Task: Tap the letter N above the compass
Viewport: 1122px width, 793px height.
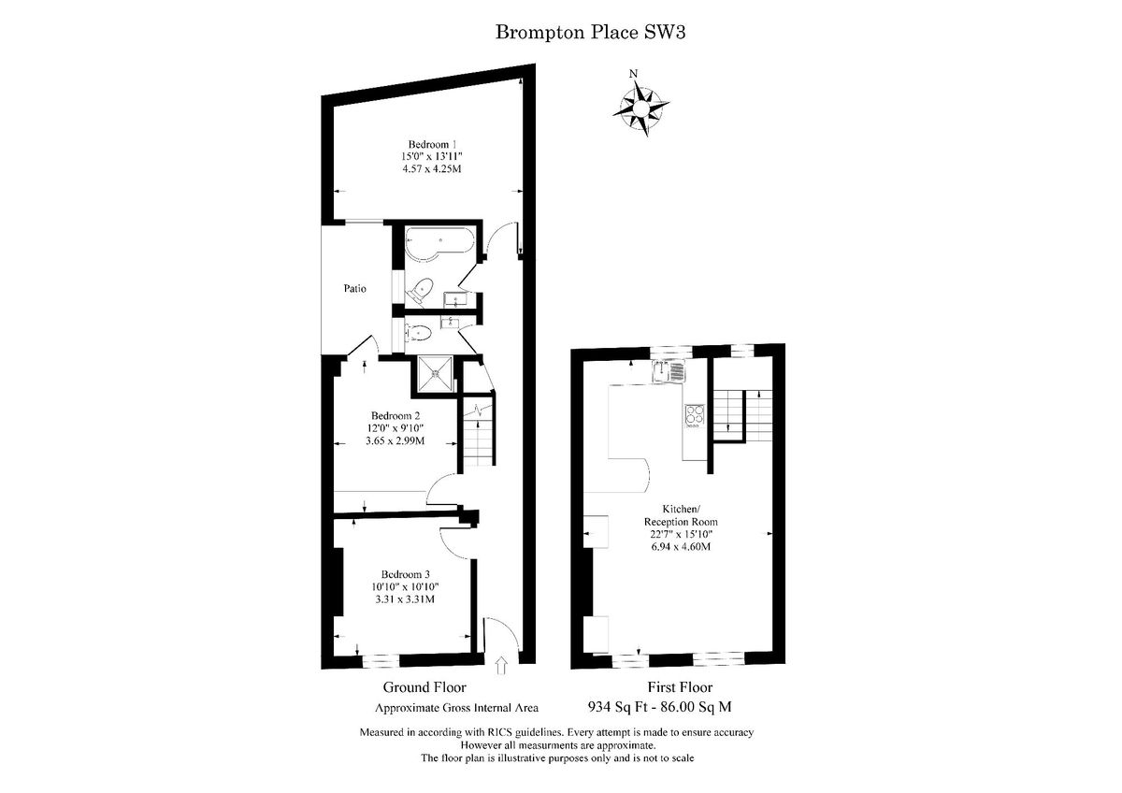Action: pyautogui.click(x=634, y=74)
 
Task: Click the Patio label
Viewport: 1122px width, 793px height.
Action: pyautogui.click(x=353, y=289)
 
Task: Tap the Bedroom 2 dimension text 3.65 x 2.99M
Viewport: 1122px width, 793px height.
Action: pyautogui.click(x=395, y=440)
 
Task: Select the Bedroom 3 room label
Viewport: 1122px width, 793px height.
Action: pyautogui.click(x=405, y=573)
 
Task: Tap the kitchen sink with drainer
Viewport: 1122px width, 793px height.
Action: pyautogui.click(x=669, y=371)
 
